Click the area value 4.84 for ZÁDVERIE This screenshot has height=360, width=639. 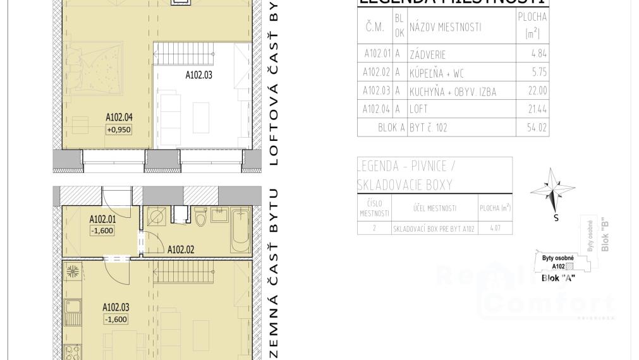(x=539, y=54)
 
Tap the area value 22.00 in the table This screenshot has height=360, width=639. (x=537, y=92)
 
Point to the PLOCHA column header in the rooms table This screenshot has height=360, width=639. (x=532, y=25)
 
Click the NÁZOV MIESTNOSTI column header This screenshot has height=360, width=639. (x=445, y=27)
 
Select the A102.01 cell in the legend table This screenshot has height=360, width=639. (x=377, y=54)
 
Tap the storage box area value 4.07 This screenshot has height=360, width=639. (x=496, y=229)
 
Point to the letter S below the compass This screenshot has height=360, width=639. (x=556, y=219)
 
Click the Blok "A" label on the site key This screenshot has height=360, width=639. (x=558, y=279)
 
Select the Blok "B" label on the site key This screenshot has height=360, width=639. (x=606, y=235)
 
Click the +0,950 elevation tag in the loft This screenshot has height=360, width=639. (x=119, y=129)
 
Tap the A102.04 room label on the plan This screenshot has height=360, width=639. (x=119, y=117)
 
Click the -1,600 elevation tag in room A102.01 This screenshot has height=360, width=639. (x=102, y=231)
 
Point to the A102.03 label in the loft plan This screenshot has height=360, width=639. (x=198, y=75)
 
